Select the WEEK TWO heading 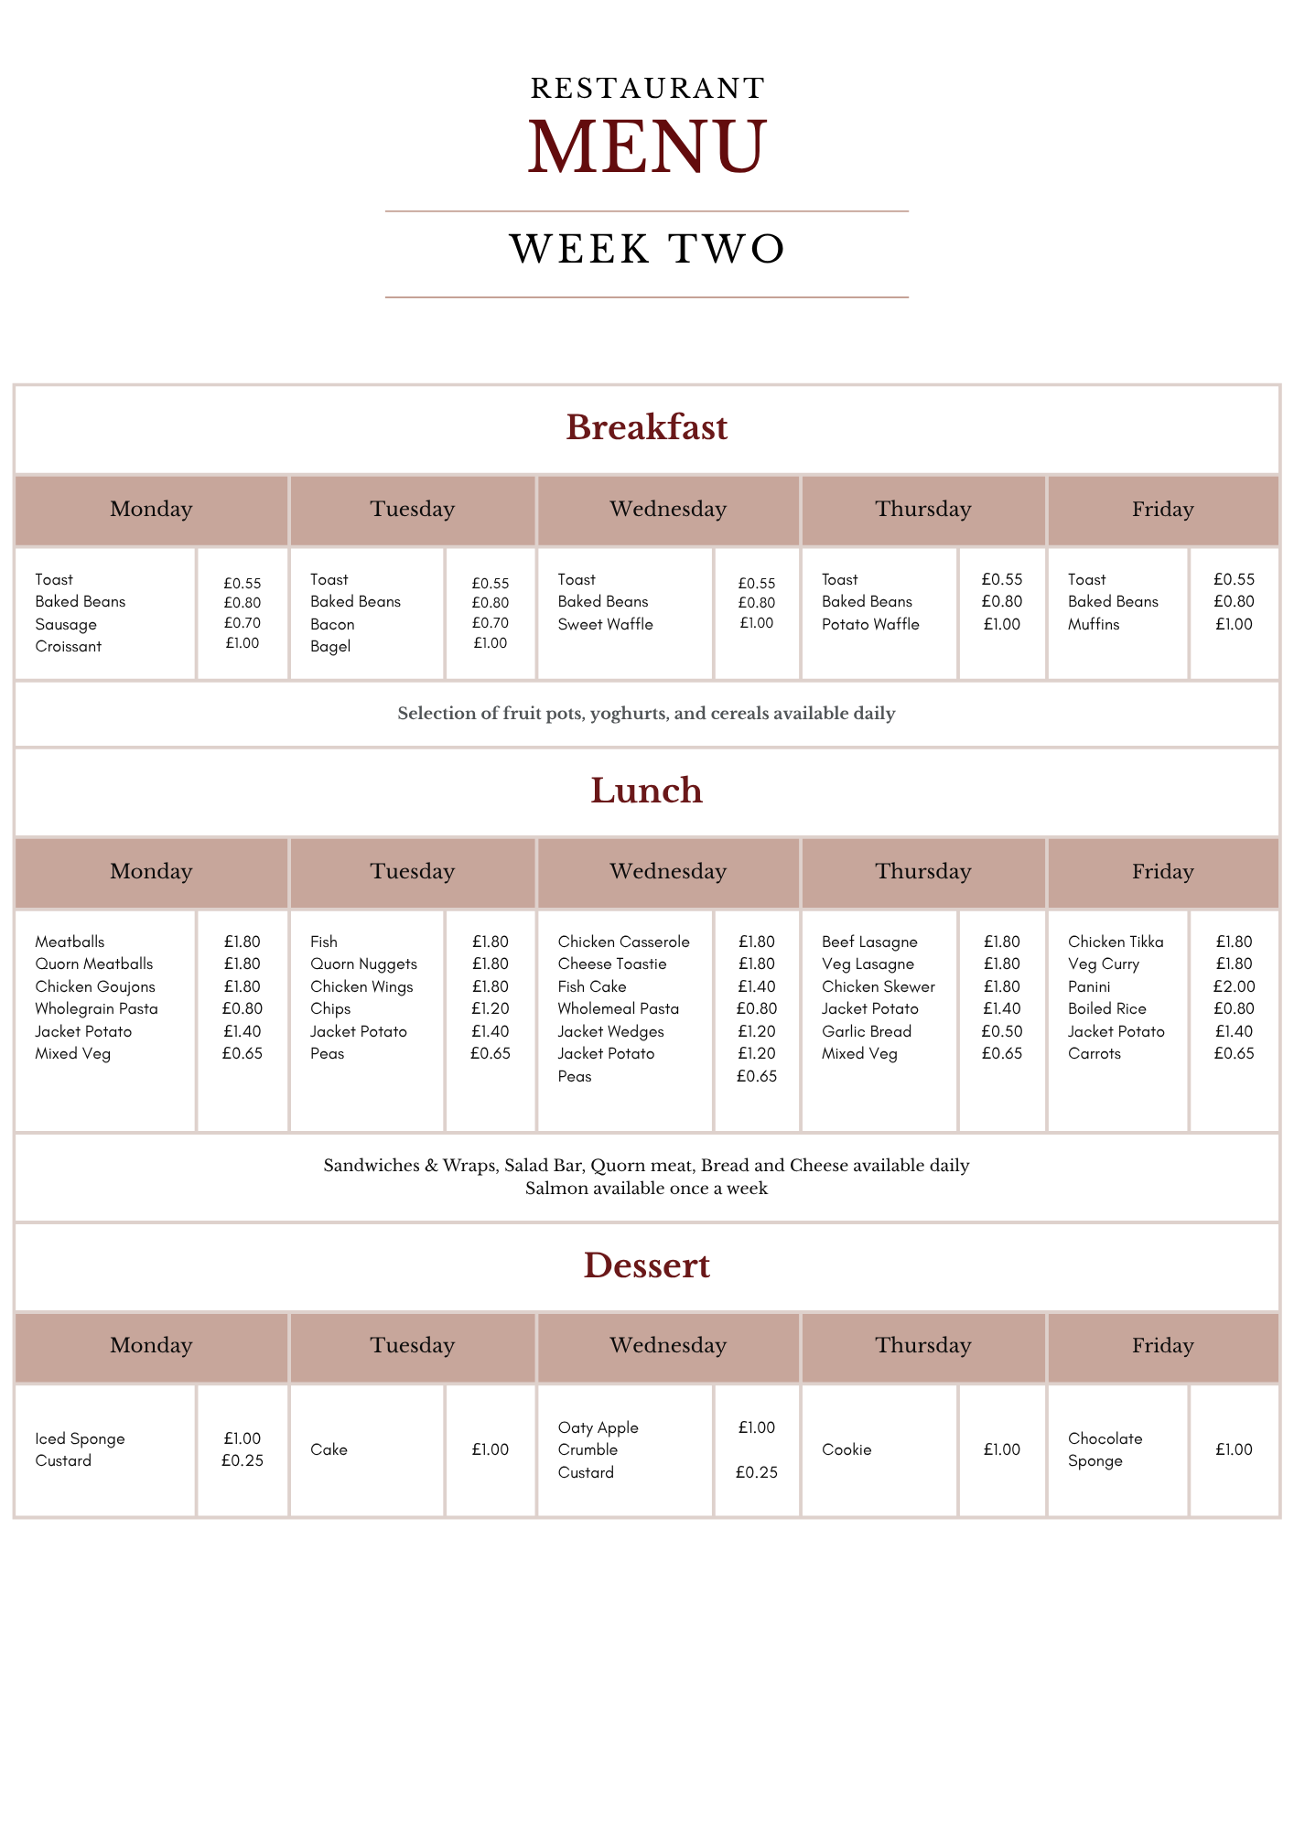(x=647, y=249)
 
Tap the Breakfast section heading (x=647, y=427)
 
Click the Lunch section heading (x=647, y=791)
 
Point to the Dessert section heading (x=647, y=1265)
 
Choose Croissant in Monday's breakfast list (x=69, y=646)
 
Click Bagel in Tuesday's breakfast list (x=330, y=646)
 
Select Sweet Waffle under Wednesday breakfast (x=606, y=624)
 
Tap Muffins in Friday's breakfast (x=1094, y=624)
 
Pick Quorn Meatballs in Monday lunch (x=94, y=963)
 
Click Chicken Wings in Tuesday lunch (x=361, y=986)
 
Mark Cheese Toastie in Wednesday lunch (x=612, y=963)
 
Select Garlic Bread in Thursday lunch (x=867, y=1031)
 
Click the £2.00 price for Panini (x=1235, y=986)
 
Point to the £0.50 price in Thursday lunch (x=1002, y=1031)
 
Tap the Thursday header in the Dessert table (x=923, y=1345)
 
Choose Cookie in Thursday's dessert (x=846, y=1449)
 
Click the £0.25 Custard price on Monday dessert (x=243, y=1460)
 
